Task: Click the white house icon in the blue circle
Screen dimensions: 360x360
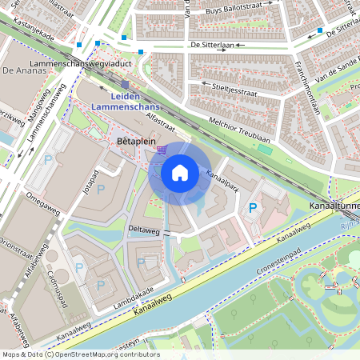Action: pos(180,172)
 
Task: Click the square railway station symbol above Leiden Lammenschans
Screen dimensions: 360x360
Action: pos(125,84)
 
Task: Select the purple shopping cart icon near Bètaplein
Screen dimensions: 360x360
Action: pos(162,149)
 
